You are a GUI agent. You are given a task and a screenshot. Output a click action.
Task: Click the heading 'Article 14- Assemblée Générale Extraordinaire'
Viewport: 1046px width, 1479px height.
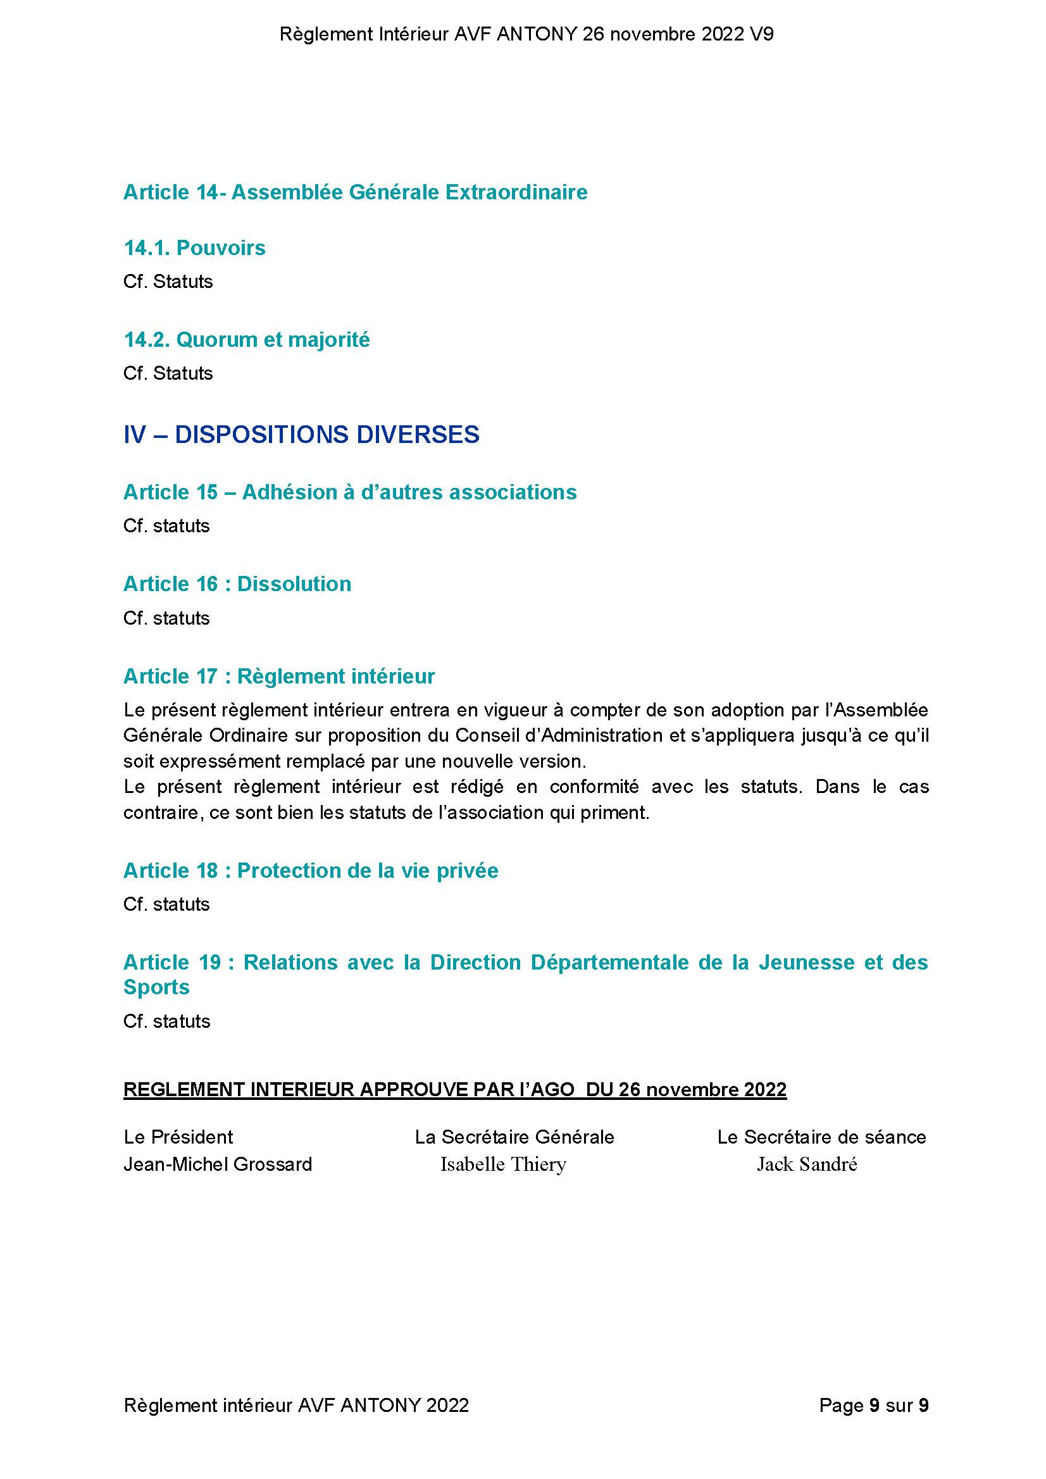pyautogui.click(x=355, y=192)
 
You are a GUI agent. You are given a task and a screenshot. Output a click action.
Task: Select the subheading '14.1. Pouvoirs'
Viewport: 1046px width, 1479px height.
pyautogui.click(x=194, y=247)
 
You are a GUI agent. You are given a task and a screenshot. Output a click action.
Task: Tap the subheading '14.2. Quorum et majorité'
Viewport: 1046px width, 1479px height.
pyautogui.click(x=247, y=339)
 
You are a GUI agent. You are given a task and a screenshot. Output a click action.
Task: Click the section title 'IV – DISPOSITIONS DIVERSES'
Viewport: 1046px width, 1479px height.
pyautogui.click(x=301, y=435)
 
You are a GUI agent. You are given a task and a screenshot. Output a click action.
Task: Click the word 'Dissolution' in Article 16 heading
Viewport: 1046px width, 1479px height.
pyautogui.click(x=294, y=583)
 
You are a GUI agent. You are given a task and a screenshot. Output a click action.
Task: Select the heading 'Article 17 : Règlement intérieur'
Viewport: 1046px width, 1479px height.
pyautogui.click(x=279, y=677)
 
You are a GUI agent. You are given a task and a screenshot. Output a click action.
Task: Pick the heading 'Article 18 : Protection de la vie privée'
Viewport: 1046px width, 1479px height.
pyautogui.click(x=311, y=871)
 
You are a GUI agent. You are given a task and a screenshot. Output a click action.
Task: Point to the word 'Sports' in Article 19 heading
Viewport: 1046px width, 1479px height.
pyautogui.click(x=156, y=987)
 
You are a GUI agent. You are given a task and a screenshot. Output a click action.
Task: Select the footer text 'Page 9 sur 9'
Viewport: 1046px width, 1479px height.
pyautogui.click(x=873, y=1405)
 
